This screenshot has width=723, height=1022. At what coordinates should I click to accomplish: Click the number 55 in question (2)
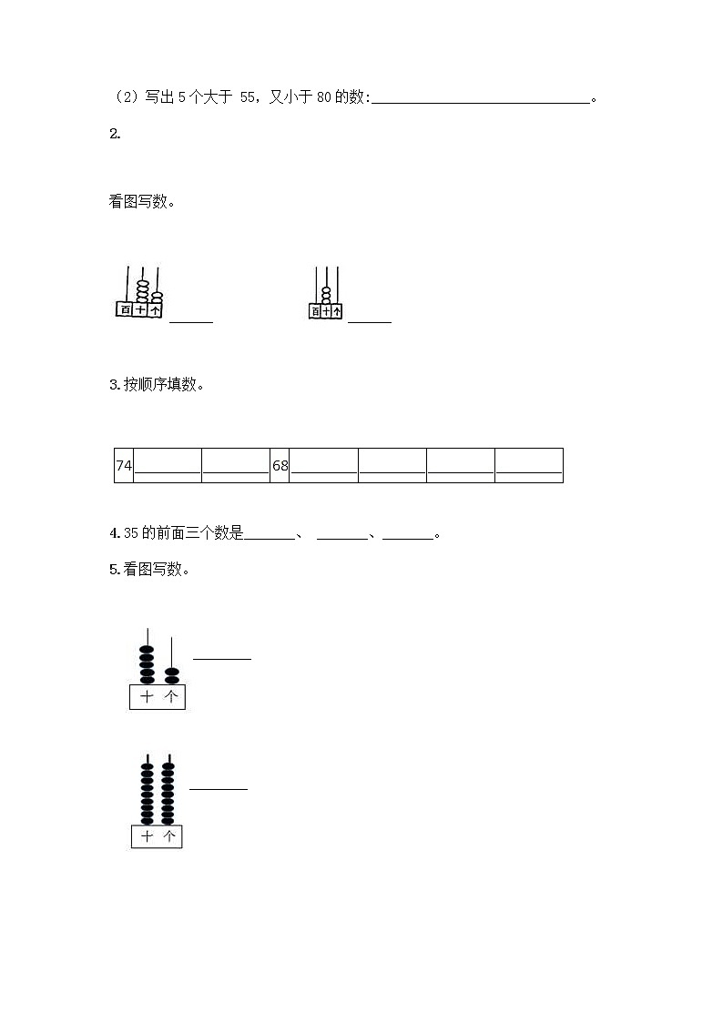[x=248, y=98]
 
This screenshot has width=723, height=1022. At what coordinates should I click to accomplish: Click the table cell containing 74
[x=124, y=466]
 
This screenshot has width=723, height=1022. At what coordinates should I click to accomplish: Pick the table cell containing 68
[x=280, y=466]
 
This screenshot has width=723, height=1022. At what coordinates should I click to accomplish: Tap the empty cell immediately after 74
[x=168, y=466]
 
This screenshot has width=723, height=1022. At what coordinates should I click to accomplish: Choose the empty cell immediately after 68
[x=324, y=466]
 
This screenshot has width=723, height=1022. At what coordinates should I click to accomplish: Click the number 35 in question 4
[x=130, y=533]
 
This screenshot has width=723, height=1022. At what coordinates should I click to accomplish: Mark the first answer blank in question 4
[x=270, y=533]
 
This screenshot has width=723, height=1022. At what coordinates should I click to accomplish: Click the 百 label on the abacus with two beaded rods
[x=125, y=310]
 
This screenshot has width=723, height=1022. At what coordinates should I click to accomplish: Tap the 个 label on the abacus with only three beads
[x=337, y=311]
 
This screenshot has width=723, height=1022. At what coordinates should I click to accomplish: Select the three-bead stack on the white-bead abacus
[x=325, y=295]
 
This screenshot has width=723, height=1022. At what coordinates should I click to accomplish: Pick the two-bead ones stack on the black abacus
[x=171, y=675]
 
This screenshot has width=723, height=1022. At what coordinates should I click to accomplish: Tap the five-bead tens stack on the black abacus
[x=147, y=664]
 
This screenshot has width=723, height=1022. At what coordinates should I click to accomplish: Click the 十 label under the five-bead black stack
[x=147, y=697]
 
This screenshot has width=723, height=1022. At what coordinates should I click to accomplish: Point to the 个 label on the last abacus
[x=168, y=836]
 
